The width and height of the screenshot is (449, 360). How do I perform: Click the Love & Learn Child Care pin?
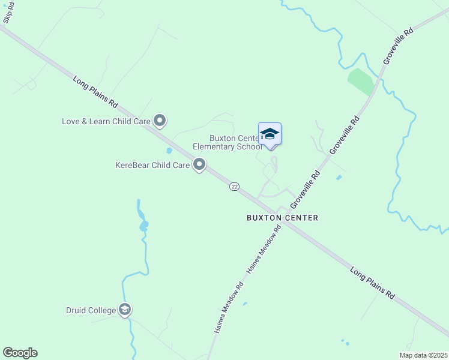coord(160,121)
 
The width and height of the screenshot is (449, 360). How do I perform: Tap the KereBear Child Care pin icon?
coord(200,164)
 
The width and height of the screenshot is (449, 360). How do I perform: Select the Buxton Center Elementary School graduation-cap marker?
coord(270,134)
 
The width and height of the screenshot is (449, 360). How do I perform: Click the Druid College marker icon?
coord(125,310)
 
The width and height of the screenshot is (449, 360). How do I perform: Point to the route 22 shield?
coord(234,187)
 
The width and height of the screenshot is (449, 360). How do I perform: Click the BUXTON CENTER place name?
coord(282,218)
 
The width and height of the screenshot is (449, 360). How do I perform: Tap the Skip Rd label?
coord(8,13)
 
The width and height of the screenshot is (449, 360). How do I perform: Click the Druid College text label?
coord(91,311)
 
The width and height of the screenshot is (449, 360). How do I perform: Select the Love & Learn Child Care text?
coord(106,121)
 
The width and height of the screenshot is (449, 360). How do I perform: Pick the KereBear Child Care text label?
coord(152,164)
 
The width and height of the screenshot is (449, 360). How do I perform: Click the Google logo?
coord(20,353)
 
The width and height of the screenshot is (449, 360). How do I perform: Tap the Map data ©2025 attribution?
coord(423,355)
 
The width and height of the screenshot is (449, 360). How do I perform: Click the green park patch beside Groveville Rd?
coord(361,82)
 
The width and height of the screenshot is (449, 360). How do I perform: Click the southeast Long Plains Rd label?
coord(372,283)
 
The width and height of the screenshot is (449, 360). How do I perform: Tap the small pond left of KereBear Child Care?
coord(169,151)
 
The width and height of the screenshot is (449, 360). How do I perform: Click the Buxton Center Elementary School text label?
coord(229,142)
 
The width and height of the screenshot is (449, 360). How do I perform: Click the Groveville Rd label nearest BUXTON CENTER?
coord(306,190)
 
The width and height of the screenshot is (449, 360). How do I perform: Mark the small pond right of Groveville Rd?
coord(339,178)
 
